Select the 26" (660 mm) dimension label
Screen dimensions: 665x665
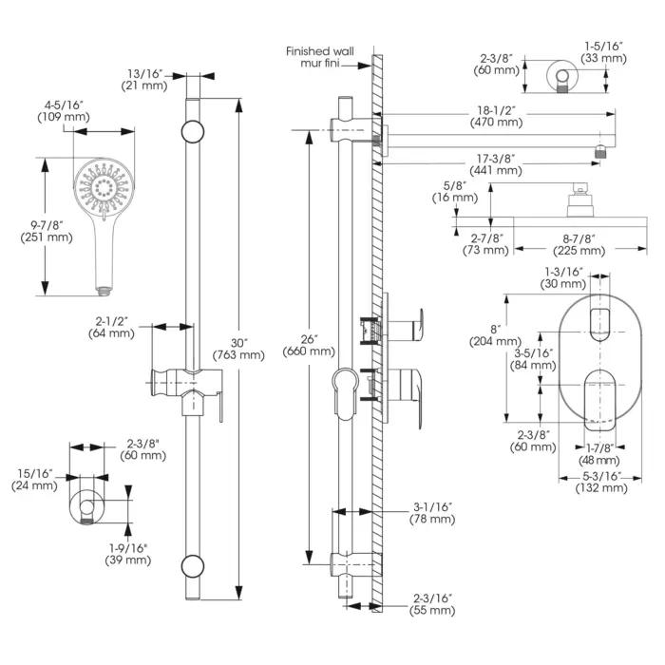[x=309, y=344]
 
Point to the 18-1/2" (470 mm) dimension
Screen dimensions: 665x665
[x=496, y=116]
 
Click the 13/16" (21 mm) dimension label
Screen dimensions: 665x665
[x=145, y=80]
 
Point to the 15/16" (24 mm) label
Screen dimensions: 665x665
[x=33, y=479]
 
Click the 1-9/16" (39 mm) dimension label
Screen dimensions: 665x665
[x=127, y=553]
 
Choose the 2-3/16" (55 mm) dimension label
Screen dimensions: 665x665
[x=433, y=604]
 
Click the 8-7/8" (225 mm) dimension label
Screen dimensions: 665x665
[x=579, y=244]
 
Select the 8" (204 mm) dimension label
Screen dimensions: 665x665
[x=495, y=333]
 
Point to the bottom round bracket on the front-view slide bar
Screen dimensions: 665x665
[x=193, y=566]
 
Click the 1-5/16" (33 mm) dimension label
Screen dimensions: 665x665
[x=605, y=51]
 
